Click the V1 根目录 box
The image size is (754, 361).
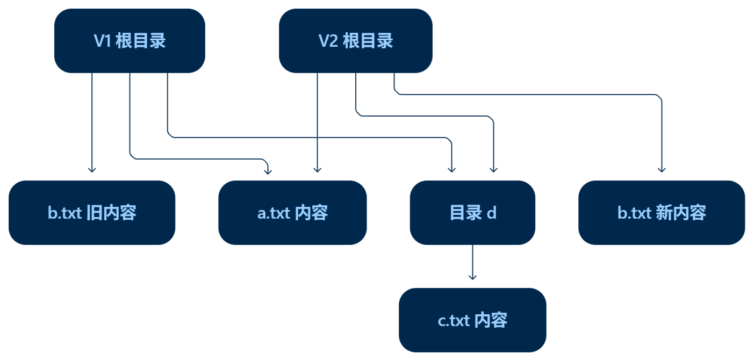(x=130, y=41)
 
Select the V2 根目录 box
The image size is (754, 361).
(x=356, y=41)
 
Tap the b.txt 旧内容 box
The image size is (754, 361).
(x=92, y=213)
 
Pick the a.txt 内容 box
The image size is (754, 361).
(x=292, y=213)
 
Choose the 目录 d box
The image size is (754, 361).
(x=472, y=213)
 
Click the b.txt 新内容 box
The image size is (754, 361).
(x=662, y=213)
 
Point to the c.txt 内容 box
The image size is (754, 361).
(x=472, y=320)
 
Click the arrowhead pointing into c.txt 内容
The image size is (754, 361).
(x=472, y=277)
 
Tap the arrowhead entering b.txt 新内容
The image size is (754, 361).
(x=662, y=170)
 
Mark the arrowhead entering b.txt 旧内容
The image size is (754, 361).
(x=92, y=170)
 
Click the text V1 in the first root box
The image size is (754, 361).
(x=102, y=41)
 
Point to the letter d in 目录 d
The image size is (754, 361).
(x=491, y=213)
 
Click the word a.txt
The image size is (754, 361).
(x=274, y=213)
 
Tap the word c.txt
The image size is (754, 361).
(x=454, y=320)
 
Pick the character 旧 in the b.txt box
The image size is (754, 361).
(x=95, y=213)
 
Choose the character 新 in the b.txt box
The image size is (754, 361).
(x=664, y=213)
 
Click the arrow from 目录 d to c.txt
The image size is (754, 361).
(x=472, y=262)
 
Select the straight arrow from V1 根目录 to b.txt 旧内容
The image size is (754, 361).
(x=92, y=123)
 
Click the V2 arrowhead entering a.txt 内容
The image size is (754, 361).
(x=317, y=170)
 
